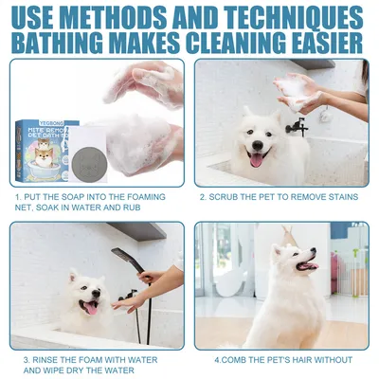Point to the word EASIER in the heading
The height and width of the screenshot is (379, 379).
318,44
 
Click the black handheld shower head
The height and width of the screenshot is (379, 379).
123,257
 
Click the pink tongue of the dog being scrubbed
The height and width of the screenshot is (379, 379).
255,161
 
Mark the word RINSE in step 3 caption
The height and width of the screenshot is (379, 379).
45,359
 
